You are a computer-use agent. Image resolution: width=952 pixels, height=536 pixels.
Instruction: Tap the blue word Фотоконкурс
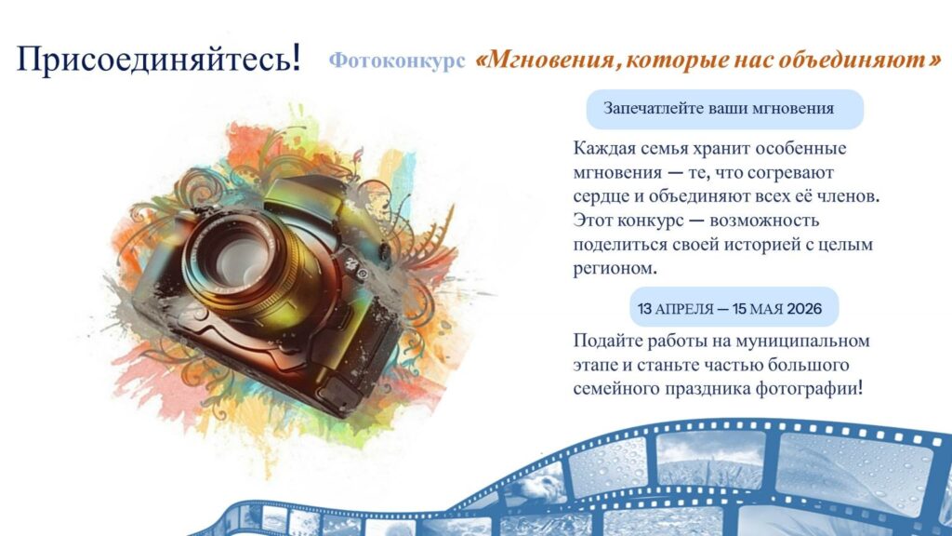pos(397,60)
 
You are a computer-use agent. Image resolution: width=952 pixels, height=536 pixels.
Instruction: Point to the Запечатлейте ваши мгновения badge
pos(725,110)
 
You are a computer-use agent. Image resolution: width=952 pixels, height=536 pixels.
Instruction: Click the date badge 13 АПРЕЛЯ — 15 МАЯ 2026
pos(734,307)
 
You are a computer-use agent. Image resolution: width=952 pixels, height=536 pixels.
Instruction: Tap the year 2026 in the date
pos(804,309)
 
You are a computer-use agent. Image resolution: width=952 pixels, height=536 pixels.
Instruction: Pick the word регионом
pos(615,269)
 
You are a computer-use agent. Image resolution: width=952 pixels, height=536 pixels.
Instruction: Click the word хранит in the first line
pos(699,149)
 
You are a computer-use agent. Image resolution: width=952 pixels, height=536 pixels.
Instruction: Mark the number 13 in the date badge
pos(645,309)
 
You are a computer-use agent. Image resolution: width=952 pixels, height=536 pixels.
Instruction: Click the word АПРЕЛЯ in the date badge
pos(685,309)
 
